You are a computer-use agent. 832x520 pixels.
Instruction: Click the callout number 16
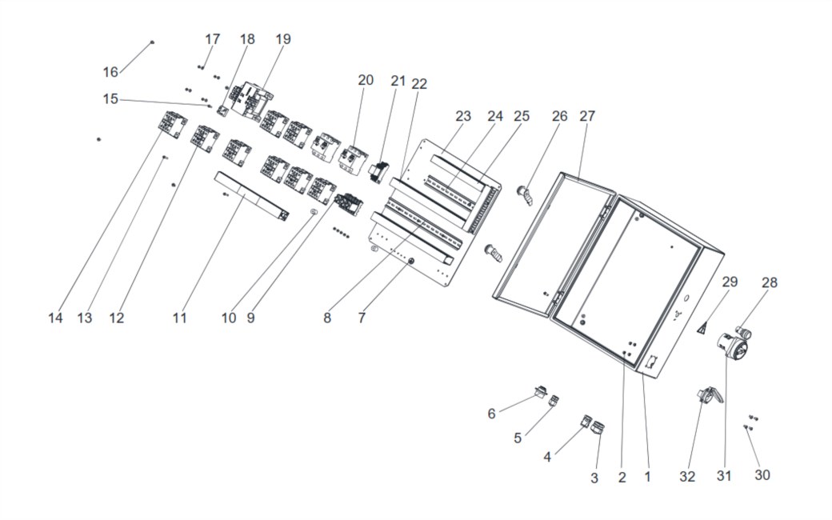(x=110, y=72)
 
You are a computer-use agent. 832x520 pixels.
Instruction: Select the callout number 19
(x=283, y=38)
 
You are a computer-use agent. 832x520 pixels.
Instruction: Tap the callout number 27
(x=587, y=116)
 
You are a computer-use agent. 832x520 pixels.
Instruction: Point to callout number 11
(x=179, y=318)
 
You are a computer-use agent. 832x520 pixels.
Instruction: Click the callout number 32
(x=687, y=477)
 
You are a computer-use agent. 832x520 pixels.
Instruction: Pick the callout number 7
(x=362, y=318)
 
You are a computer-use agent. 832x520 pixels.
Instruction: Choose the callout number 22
(x=419, y=84)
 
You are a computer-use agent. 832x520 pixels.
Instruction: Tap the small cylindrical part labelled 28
(x=743, y=334)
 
